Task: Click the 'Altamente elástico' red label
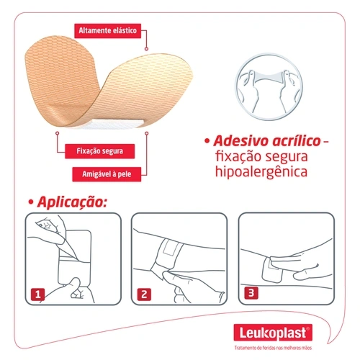(x=107, y=31)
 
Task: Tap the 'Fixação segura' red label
(x=99, y=151)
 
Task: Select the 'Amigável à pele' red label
(x=107, y=174)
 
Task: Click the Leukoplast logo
(x=273, y=333)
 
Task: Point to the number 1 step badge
(x=37, y=294)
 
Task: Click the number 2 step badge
(x=144, y=294)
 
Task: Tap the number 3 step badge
(x=251, y=293)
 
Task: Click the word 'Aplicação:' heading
(x=72, y=202)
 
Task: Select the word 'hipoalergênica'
(x=261, y=172)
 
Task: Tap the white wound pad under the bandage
(x=113, y=124)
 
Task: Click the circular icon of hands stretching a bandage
(x=269, y=86)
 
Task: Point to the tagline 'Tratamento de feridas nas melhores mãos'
(x=273, y=348)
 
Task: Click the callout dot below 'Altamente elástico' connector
(x=146, y=49)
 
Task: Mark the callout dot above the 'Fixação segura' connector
(x=57, y=133)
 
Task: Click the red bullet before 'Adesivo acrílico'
(x=207, y=141)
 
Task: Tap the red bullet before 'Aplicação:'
(x=30, y=202)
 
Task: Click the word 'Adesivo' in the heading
(x=241, y=140)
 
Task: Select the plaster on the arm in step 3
(x=272, y=269)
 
